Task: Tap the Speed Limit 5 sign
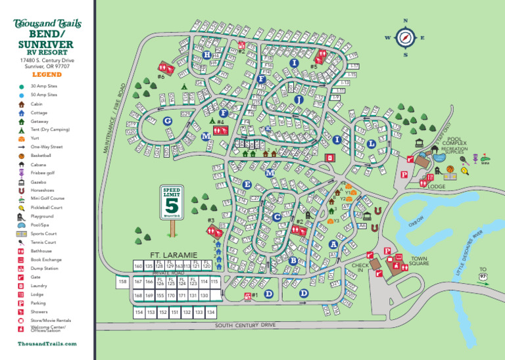(x=172, y=203)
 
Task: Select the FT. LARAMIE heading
(x=174, y=255)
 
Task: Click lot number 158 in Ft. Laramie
(x=122, y=282)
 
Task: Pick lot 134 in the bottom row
(x=210, y=313)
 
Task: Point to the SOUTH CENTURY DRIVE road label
(x=245, y=325)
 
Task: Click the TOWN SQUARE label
(x=419, y=261)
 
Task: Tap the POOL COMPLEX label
(x=454, y=141)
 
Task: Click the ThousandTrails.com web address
(x=47, y=344)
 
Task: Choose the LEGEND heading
(x=47, y=75)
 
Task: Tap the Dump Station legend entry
(x=44, y=268)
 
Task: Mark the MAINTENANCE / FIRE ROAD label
(x=114, y=119)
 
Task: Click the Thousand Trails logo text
(x=47, y=24)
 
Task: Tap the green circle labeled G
(x=168, y=121)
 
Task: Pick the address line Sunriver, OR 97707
(x=47, y=66)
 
